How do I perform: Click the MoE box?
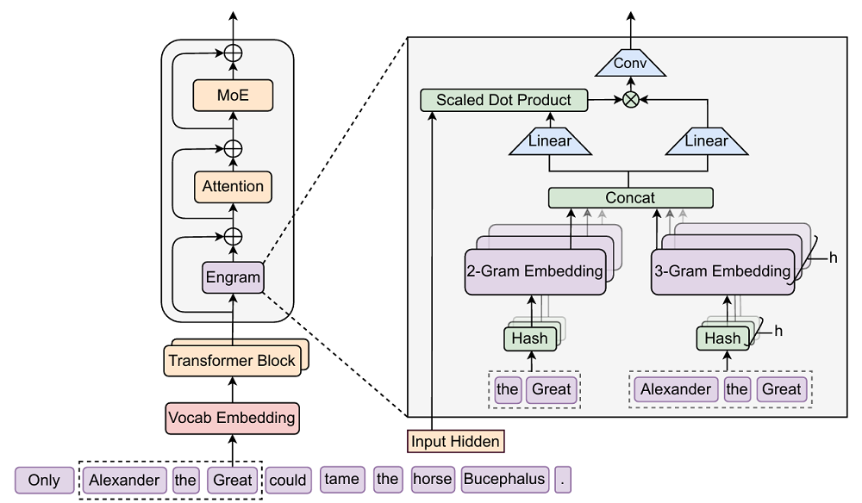pos(233,96)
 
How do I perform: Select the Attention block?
pos(233,186)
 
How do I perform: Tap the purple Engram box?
pos(233,277)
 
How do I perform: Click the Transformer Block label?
pos(232,361)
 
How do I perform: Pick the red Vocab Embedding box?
pos(232,418)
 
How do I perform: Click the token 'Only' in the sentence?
pos(44,481)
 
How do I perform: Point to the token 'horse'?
pos(432,480)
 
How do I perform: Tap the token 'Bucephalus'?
pos(504,480)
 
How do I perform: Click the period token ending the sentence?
pos(563,480)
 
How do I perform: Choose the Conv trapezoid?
pos(630,63)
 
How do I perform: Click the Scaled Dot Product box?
pos(503,100)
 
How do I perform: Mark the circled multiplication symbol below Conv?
pos(631,100)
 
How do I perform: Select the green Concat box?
pos(630,198)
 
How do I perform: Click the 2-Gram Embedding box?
pos(534,271)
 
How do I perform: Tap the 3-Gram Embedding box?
pos(721,271)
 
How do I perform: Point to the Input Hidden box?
pos(455,442)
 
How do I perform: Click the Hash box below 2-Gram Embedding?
pos(529,338)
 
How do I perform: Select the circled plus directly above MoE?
pos(233,53)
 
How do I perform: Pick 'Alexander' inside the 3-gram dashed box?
pos(676,389)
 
